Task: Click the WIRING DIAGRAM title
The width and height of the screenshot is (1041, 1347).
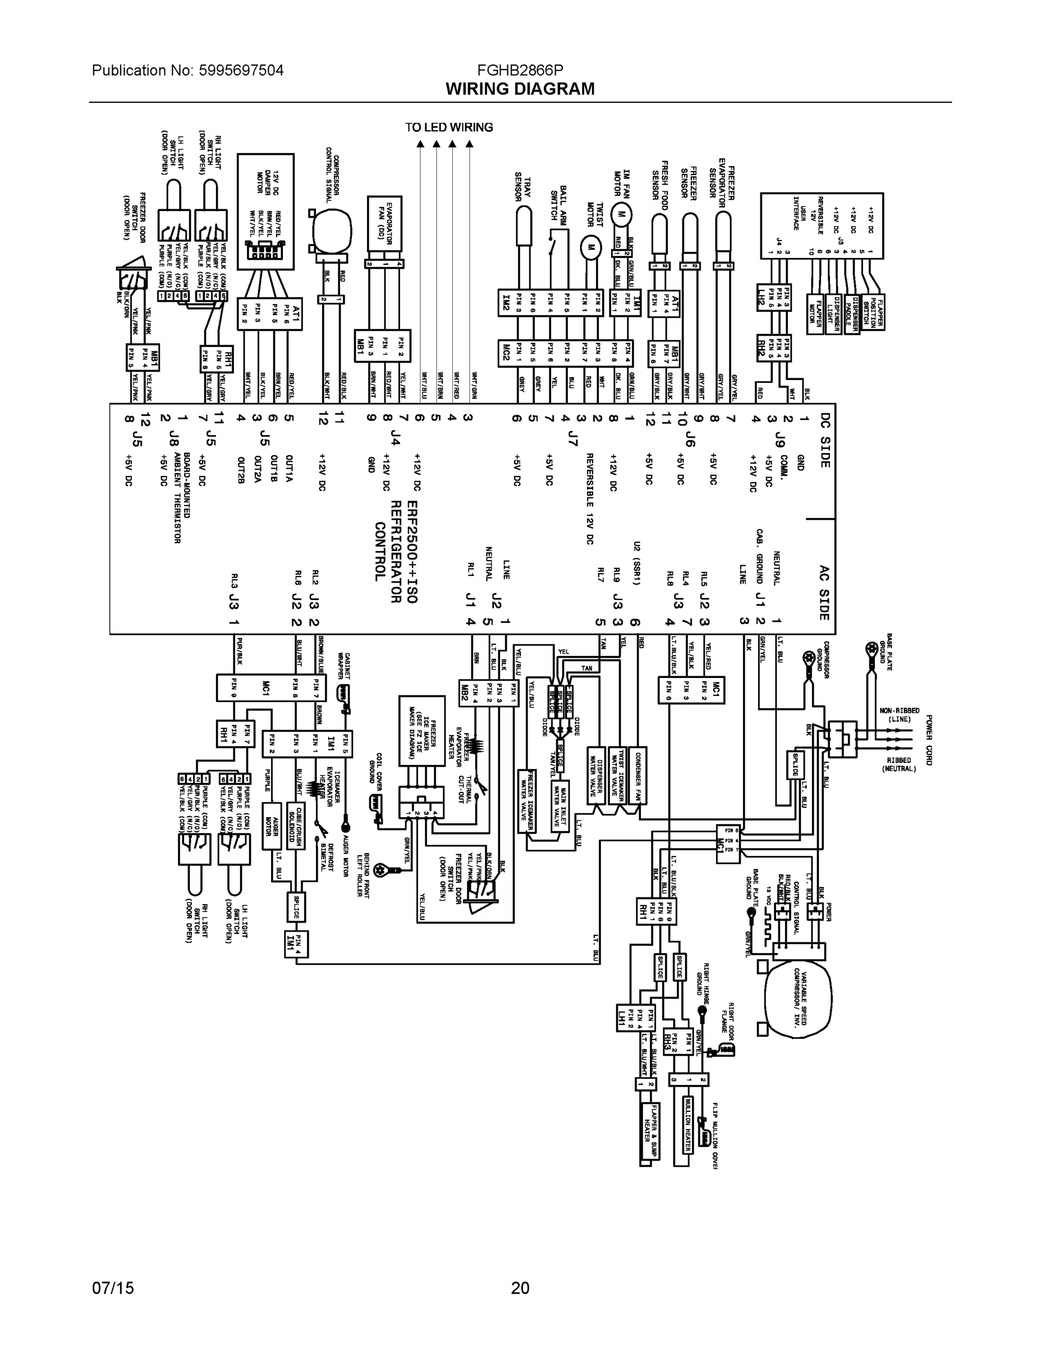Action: [520, 89]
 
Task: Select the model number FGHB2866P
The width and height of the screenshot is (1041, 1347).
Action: [519, 70]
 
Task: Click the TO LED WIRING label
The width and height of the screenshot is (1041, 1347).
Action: [449, 127]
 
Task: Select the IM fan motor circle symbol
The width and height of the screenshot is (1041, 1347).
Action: [622, 214]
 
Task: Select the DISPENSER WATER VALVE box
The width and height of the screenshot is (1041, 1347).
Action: [596, 776]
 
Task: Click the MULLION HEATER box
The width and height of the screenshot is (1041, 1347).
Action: [687, 1124]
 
